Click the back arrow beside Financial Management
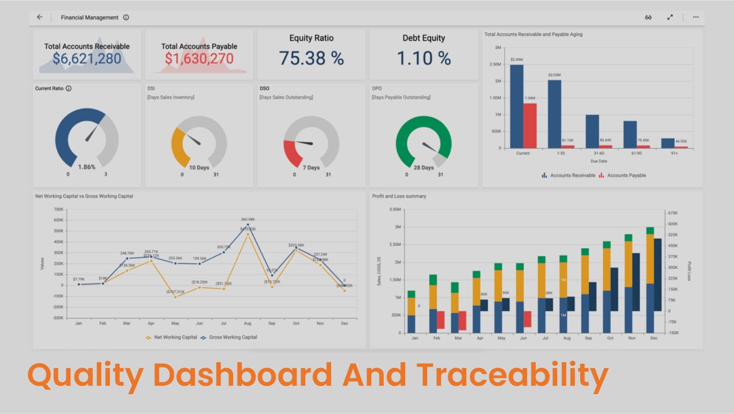(x=40, y=17)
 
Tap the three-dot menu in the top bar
(x=696, y=17)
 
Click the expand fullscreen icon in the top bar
(x=670, y=17)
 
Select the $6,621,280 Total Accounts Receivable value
(x=87, y=59)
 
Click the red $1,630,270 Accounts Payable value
(x=199, y=59)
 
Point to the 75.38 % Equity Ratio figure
(x=311, y=58)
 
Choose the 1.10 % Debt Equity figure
(x=424, y=58)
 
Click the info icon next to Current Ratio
(x=68, y=88)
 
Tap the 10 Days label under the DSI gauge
(x=199, y=168)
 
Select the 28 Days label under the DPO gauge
(x=423, y=168)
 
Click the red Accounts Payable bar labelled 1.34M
(x=529, y=125)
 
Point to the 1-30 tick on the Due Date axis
(x=561, y=153)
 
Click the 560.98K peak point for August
(x=248, y=225)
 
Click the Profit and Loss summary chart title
(x=399, y=196)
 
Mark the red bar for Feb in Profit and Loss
(x=441, y=320)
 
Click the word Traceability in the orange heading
(x=512, y=375)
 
